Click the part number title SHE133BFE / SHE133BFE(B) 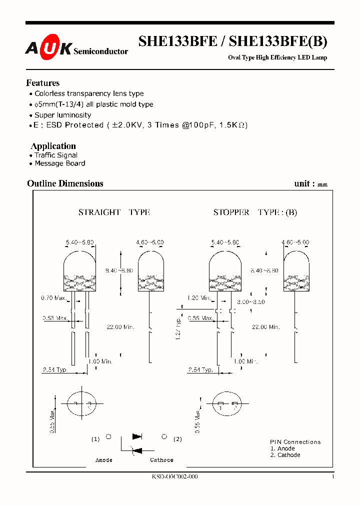pyautogui.click(x=232, y=42)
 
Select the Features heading pyautogui.click(x=43, y=83)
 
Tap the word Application pyautogui.click(x=53, y=146)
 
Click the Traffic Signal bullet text pyautogui.click(x=56, y=155)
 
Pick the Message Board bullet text pyautogui.click(x=59, y=163)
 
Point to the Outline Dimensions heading pyautogui.click(x=65, y=183)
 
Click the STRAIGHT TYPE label pyautogui.click(x=114, y=212)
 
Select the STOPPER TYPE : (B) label pyautogui.click(x=255, y=212)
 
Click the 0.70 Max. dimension pyautogui.click(x=53, y=298)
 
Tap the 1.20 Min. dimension pyautogui.click(x=198, y=298)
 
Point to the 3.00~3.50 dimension pyautogui.click(x=250, y=302)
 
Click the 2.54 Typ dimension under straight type pyautogui.click(x=54, y=370)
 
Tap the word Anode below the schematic pyautogui.click(x=104, y=460)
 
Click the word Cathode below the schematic pyautogui.click(x=161, y=460)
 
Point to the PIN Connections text pyautogui.click(x=295, y=442)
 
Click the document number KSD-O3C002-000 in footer pyautogui.click(x=174, y=477)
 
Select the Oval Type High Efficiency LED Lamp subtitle pyautogui.click(x=277, y=57)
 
